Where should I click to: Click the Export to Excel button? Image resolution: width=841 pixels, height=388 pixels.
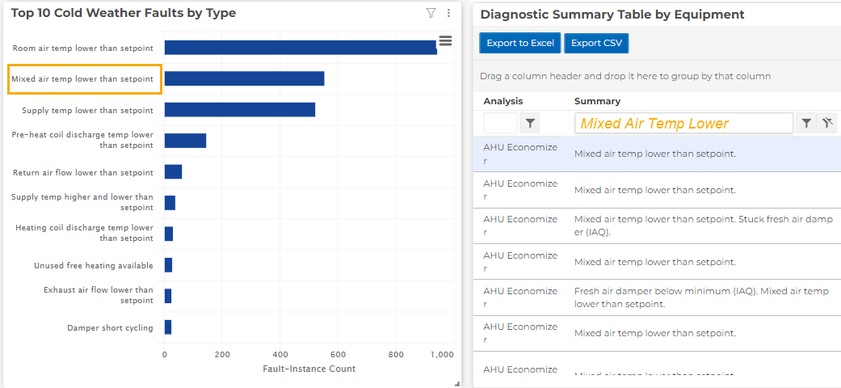[x=520, y=44]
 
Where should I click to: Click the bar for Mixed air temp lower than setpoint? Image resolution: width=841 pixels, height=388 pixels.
[x=244, y=78]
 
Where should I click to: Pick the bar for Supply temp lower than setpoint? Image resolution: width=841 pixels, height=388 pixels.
[x=240, y=110]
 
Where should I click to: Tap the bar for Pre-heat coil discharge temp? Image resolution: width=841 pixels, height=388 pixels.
[x=185, y=141]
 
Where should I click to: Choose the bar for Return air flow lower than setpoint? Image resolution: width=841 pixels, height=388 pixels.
[x=173, y=171]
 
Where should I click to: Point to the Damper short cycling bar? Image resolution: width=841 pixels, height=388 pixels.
[x=168, y=327]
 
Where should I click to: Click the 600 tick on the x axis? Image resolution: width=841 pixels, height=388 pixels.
[x=338, y=354]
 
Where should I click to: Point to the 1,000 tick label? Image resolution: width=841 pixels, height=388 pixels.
[x=442, y=354]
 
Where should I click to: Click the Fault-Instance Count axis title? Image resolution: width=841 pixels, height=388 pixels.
[x=309, y=369]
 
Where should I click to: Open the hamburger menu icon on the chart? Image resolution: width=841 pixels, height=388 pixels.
[x=445, y=40]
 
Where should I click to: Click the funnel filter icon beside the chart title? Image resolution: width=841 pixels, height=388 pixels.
[x=431, y=13]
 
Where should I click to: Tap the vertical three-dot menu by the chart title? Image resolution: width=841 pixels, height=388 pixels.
[x=448, y=13]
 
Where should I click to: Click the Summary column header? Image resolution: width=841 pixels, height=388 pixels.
[x=597, y=101]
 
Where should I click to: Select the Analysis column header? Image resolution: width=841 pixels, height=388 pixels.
[x=502, y=101]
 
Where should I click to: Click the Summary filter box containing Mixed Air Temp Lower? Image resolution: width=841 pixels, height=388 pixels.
[x=683, y=124]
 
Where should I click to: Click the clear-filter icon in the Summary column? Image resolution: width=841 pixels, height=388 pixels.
[x=826, y=123]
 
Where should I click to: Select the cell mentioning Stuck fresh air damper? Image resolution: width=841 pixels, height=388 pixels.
[x=700, y=225]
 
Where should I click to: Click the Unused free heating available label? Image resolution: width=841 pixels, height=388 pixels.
[x=93, y=266]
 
